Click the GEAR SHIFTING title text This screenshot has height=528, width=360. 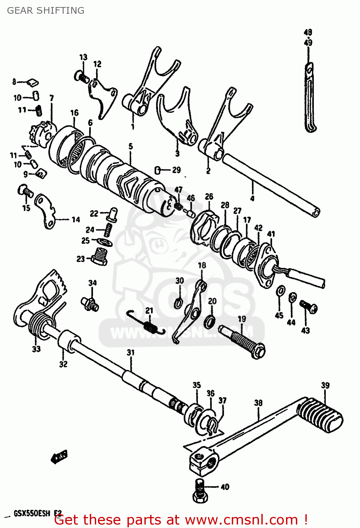tap(45, 11)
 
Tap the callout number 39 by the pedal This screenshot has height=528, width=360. tap(325, 385)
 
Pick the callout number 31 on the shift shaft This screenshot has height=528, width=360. tap(131, 352)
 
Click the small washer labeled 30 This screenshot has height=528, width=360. tap(179, 303)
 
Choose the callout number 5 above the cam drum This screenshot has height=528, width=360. tap(131, 146)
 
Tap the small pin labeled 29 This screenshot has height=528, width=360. tap(158, 170)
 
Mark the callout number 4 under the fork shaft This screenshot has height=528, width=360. tap(252, 199)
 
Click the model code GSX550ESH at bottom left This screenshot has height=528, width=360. tap(32, 514)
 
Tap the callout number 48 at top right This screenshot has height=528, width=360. tap(308, 32)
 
